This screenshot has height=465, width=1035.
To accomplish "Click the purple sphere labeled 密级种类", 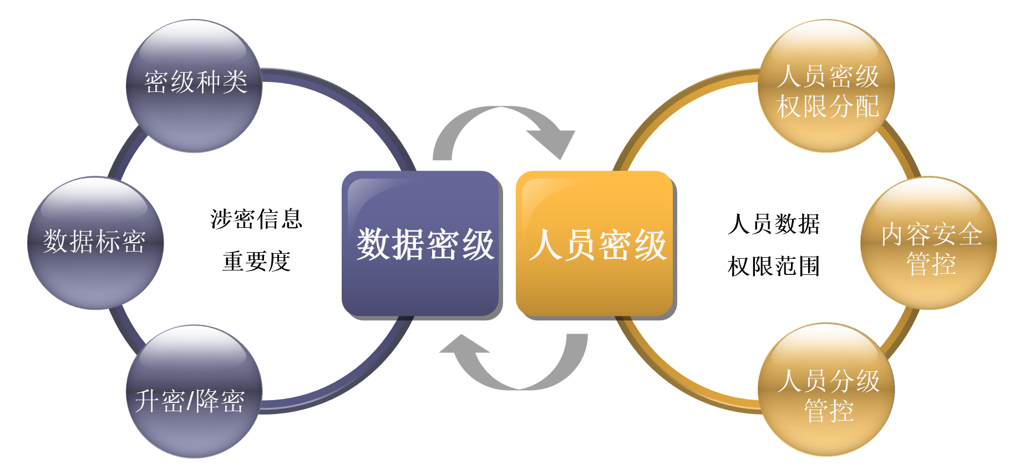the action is (x=194, y=86).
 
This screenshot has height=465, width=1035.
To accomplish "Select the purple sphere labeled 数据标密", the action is (x=95, y=243).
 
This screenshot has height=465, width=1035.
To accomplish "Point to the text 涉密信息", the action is (x=256, y=219).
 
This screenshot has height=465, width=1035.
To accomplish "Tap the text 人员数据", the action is (x=774, y=224).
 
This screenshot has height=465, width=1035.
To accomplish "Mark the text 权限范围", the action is (x=774, y=267).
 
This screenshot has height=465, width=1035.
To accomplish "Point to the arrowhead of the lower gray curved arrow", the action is (x=464, y=346).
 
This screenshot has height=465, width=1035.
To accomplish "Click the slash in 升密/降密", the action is (x=190, y=401).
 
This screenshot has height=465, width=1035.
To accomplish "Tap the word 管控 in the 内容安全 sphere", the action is (x=931, y=264).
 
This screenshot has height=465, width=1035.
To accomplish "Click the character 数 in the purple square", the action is (x=373, y=244).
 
